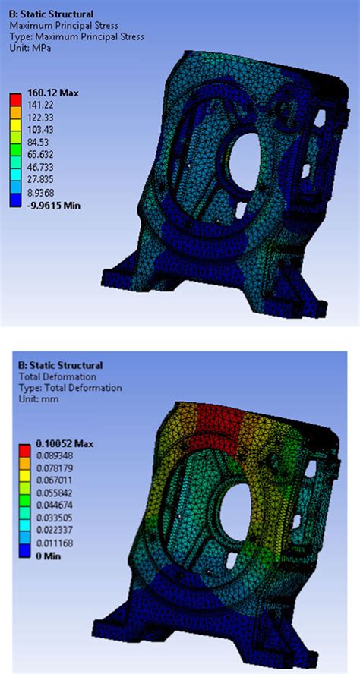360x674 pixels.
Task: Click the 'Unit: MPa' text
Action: (x=36, y=47)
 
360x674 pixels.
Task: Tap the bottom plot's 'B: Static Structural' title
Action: (x=60, y=365)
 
